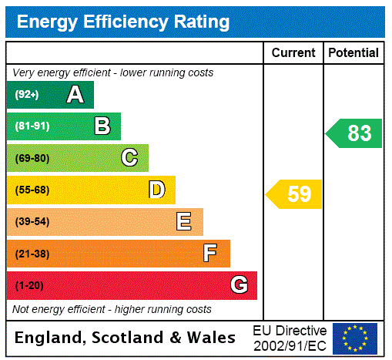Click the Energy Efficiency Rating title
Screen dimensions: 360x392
pos(123,22)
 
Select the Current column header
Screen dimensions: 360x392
pos(293,53)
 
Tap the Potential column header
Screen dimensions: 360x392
pos(353,53)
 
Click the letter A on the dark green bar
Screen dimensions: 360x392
pos(75,95)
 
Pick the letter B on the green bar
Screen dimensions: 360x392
pos(102,126)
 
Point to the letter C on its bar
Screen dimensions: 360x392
pos(129,158)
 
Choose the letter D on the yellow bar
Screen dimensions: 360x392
pos(156,190)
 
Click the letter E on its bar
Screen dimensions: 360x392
pos(184,222)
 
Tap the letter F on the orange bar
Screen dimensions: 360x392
pos(209,254)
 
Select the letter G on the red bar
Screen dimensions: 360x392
pos(239,285)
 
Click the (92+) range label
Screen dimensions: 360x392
pos(27,95)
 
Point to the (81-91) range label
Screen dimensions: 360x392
pos(32,126)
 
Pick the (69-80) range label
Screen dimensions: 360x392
pos(32,158)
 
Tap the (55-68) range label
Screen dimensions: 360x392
pos(32,190)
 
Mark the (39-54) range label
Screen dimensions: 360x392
pos(32,222)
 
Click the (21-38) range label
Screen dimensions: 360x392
pos(32,254)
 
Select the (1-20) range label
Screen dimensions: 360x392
pos(29,285)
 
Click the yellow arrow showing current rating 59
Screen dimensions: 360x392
pos(294,194)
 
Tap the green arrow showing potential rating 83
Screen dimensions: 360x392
pos(354,133)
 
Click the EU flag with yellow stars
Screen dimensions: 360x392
pos(355,338)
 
